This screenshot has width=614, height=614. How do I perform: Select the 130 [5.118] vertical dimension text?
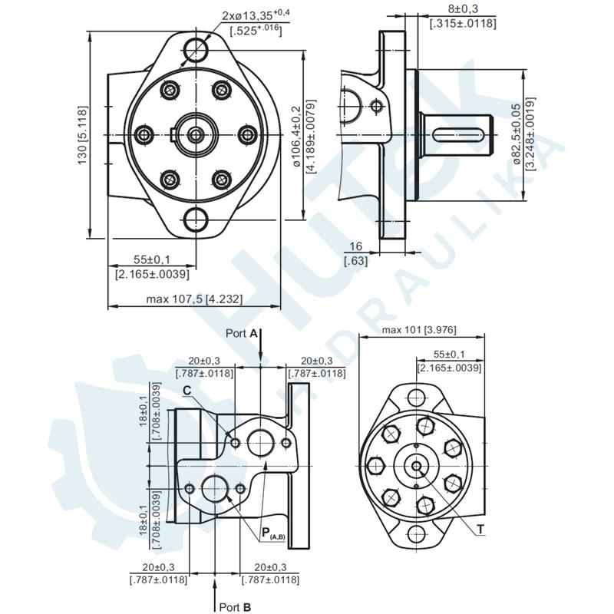click(x=82, y=135)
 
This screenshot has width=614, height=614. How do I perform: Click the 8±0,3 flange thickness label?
click(x=462, y=9)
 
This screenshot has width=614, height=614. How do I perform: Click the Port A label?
click(x=242, y=333)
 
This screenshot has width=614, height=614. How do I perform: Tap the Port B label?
click(x=236, y=606)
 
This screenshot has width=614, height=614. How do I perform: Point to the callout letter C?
click(x=187, y=391)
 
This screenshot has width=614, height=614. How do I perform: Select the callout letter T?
click(x=480, y=530)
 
